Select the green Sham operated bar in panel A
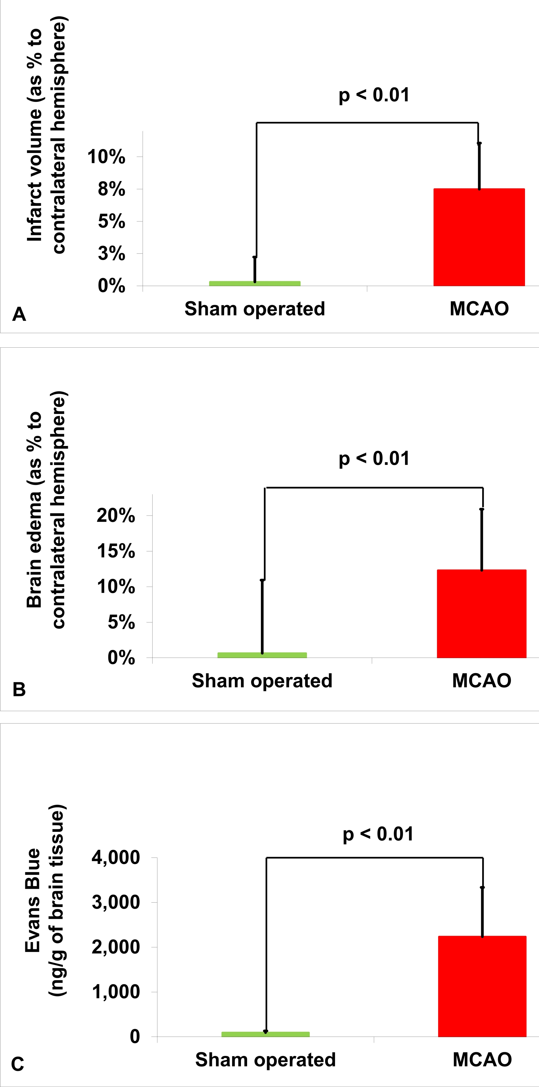254,283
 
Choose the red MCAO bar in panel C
482,986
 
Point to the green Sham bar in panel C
265,1034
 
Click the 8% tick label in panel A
111,189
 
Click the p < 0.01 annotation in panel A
374,95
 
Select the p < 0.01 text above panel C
378,834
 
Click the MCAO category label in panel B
482,681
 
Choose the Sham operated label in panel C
265,1060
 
